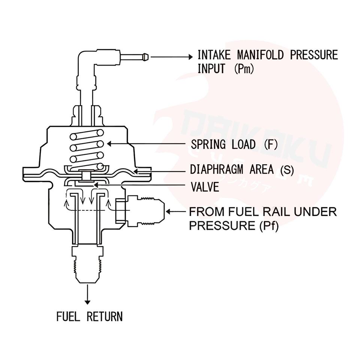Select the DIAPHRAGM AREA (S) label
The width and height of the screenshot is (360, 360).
tap(242, 169)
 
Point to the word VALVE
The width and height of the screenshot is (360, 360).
tap(205, 187)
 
